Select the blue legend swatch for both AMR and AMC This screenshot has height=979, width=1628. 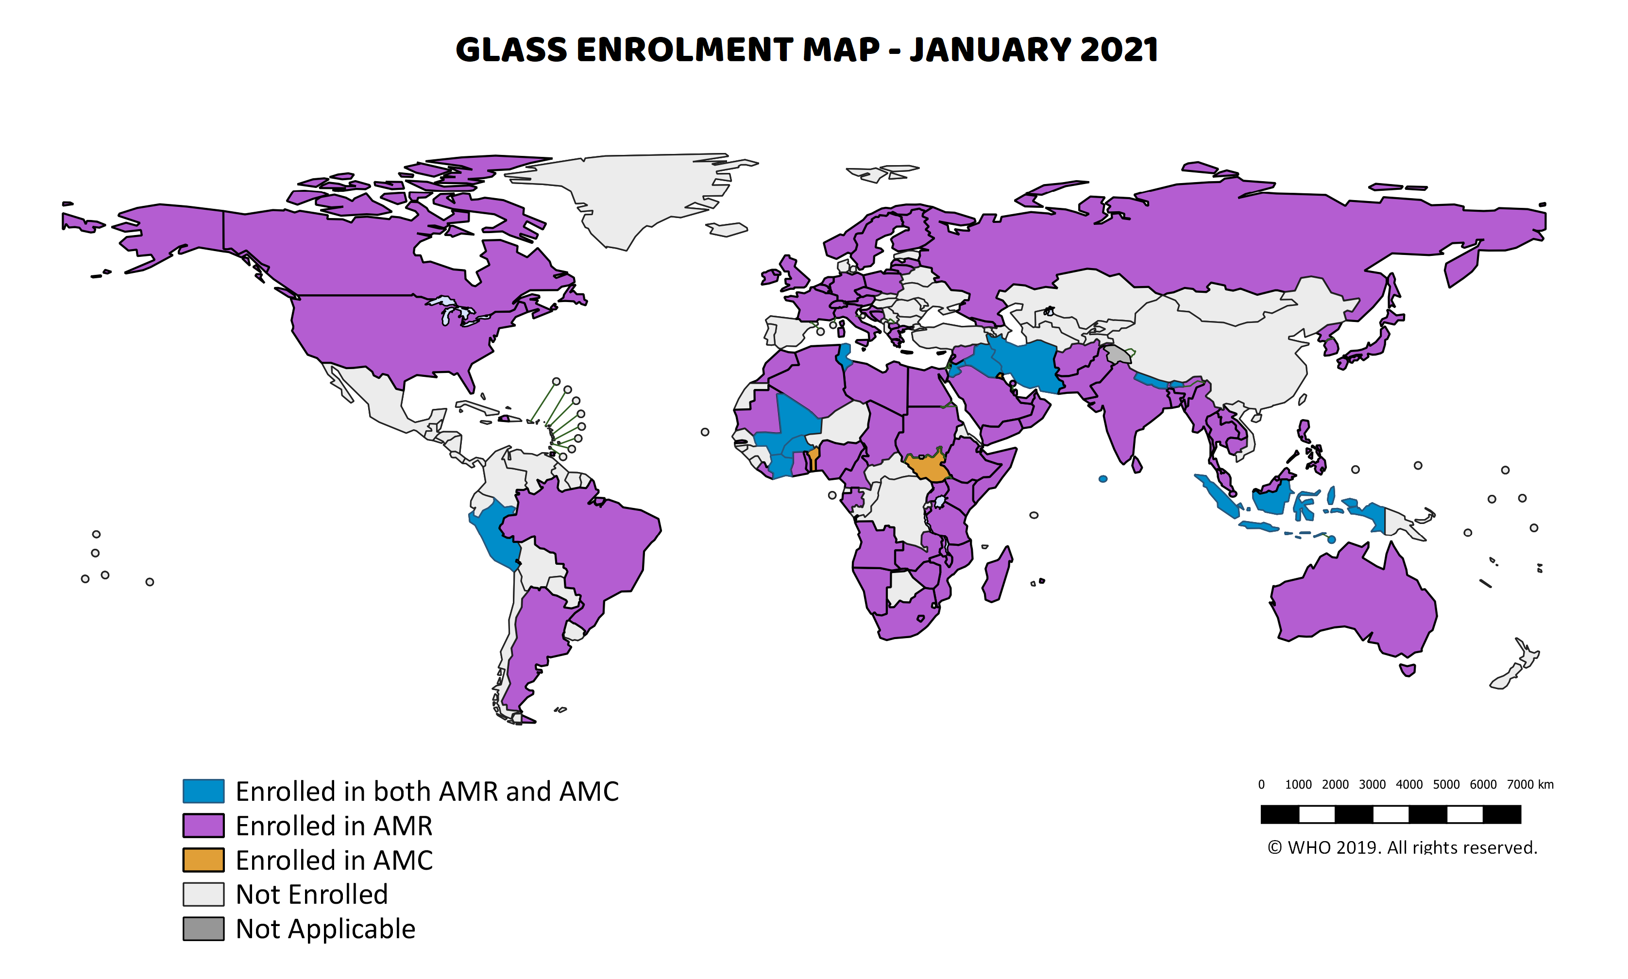click(x=203, y=791)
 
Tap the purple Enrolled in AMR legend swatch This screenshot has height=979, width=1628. click(x=203, y=825)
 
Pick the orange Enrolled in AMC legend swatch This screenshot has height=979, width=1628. click(x=203, y=860)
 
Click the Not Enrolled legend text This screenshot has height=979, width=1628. click(x=311, y=895)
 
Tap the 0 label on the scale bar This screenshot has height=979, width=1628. click(x=1261, y=784)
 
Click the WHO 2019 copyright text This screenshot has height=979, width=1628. click(x=1402, y=847)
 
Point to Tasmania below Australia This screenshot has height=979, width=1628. click(x=1407, y=670)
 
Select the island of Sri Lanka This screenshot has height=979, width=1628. click(x=1136, y=465)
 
